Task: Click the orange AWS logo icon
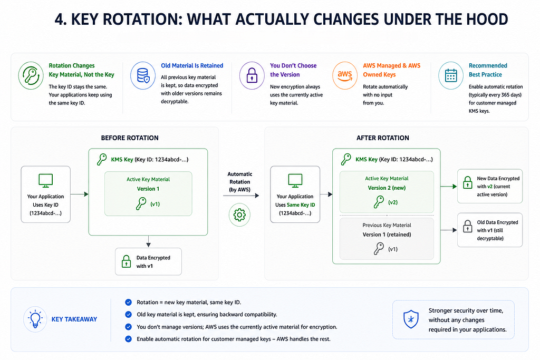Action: [x=345, y=75]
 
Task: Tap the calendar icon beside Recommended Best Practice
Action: [x=450, y=75]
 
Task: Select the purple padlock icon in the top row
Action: [x=252, y=75]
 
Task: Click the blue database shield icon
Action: [x=143, y=75]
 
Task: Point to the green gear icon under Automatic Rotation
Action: [x=240, y=215]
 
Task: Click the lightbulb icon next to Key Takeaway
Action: [x=35, y=319]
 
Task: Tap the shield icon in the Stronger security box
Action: [x=411, y=319]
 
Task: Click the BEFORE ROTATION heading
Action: [x=130, y=138]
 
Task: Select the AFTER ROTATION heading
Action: [x=383, y=138]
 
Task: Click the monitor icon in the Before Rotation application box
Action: [x=46, y=181]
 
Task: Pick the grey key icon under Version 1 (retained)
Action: [x=379, y=248]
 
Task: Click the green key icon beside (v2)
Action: [x=379, y=202]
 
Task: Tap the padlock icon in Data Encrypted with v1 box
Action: [x=127, y=261]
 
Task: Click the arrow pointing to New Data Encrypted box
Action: [x=449, y=187]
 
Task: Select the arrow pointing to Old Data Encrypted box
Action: [x=449, y=230]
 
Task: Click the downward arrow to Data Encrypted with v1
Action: [x=148, y=241]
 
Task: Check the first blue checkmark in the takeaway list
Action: [x=129, y=302]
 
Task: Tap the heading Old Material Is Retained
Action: [x=192, y=65]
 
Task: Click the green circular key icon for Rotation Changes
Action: [x=31, y=75]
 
